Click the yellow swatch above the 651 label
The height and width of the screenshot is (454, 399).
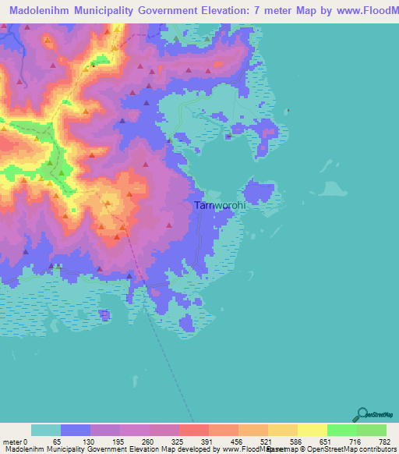(312, 430)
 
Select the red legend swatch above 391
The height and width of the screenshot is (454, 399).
(193, 430)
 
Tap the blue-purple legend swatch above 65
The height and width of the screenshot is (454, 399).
(75, 430)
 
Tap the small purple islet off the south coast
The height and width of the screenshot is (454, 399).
(104, 314)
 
